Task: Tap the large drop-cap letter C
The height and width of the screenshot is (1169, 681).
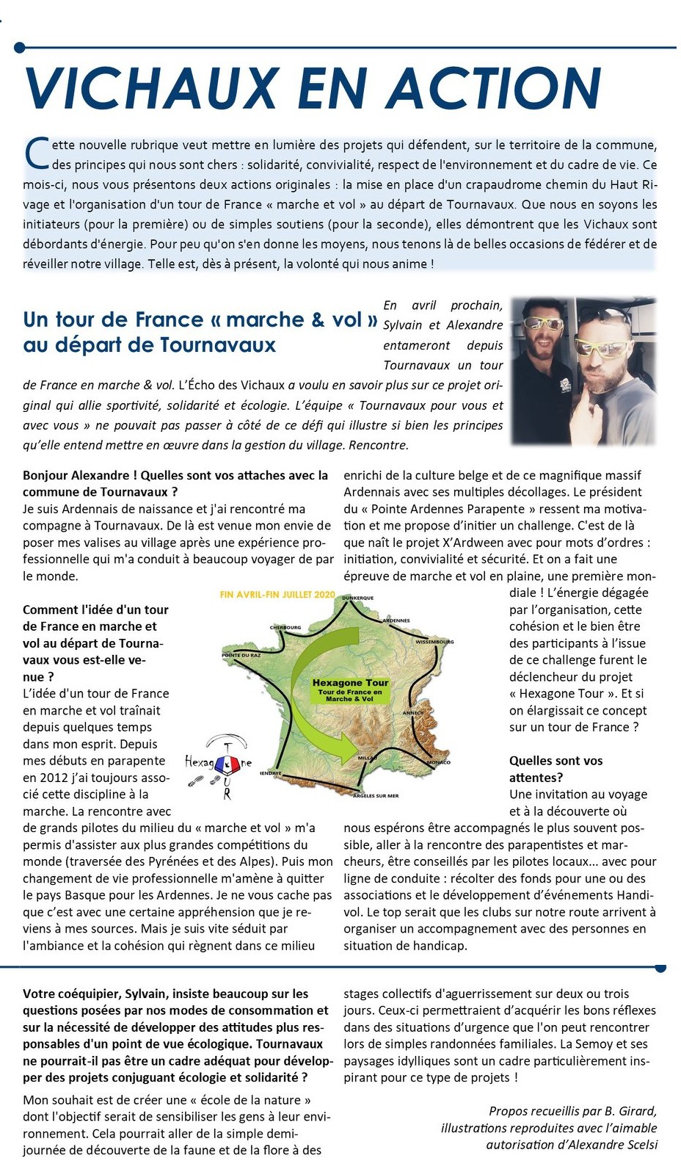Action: (37, 153)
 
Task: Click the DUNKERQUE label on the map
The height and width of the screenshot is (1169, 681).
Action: (358, 598)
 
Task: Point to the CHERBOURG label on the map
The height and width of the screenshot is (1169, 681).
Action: (285, 628)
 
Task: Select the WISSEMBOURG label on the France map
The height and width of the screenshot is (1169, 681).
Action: (434, 642)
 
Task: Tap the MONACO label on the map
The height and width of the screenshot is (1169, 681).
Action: (438, 762)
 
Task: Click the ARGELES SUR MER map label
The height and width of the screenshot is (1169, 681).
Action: (376, 795)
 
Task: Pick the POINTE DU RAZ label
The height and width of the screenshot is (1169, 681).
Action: (241, 655)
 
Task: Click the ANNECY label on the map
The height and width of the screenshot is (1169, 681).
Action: (413, 713)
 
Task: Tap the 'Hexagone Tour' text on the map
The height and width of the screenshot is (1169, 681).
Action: (350, 683)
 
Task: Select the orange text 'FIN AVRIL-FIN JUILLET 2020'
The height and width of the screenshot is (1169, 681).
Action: (277, 594)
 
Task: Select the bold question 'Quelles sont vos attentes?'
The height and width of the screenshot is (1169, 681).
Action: (556, 769)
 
